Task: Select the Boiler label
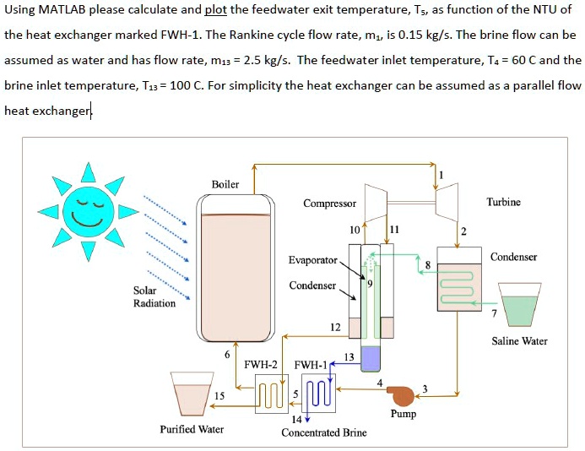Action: point(225,184)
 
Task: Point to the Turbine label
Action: point(503,202)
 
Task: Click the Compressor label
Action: point(330,204)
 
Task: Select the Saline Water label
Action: point(519,341)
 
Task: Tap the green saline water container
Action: point(519,307)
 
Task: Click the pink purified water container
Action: point(190,395)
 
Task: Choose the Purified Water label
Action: point(192,429)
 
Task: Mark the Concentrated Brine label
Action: point(324,432)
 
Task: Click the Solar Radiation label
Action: point(154,296)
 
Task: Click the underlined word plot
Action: point(217,11)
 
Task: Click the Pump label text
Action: point(403,414)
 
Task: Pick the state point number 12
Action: point(335,328)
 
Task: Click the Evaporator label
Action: point(312,260)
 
